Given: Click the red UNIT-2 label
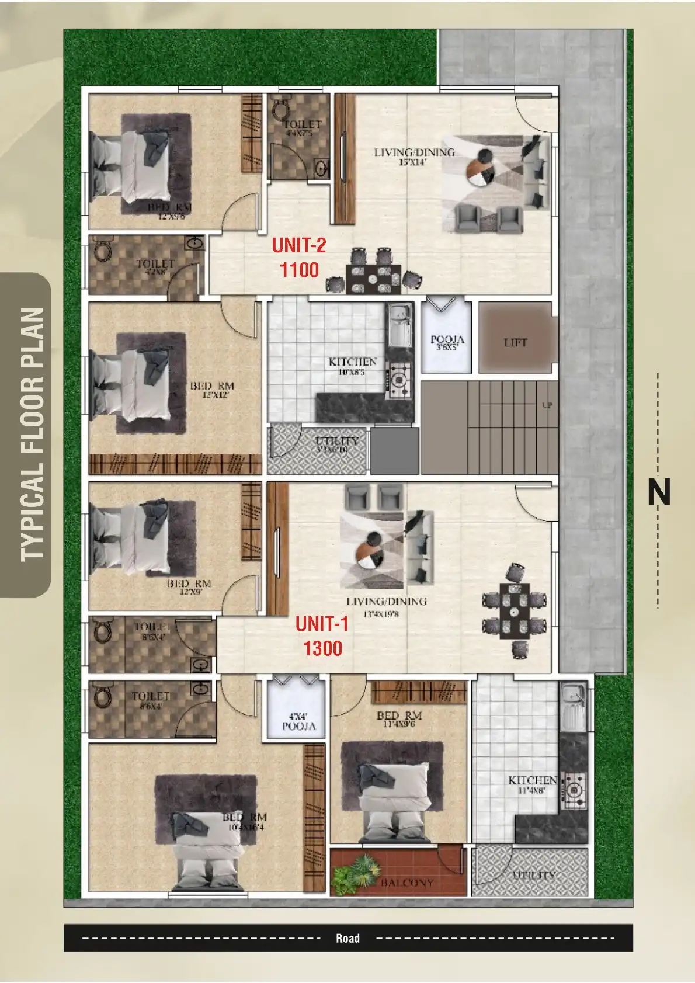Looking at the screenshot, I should [298, 245].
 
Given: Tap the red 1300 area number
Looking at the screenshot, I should [322, 648].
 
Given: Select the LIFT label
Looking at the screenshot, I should [515, 343].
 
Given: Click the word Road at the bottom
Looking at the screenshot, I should [347, 938].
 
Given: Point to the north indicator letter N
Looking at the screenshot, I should [659, 492].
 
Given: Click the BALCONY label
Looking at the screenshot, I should [407, 883].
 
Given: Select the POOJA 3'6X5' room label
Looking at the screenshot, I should [447, 342].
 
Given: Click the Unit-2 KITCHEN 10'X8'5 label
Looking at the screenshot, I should [352, 366].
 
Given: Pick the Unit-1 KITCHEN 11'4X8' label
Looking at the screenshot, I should [532, 784].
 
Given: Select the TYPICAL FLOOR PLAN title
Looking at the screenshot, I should [32, 435].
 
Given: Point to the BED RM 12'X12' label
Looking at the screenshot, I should [212, 390].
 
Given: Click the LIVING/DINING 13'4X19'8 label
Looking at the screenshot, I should [386, 606].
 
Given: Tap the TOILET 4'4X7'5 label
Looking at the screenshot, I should [302, 128].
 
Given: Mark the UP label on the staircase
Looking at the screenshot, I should [547, 405].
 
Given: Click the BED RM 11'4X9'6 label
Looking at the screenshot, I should [399, 719].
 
